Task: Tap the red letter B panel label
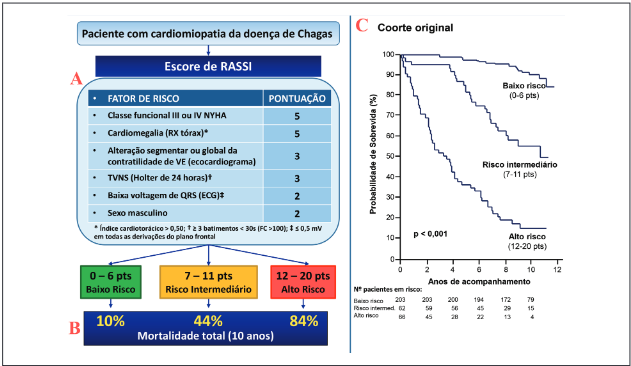[72, 326]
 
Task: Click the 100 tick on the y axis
[388, 55]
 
